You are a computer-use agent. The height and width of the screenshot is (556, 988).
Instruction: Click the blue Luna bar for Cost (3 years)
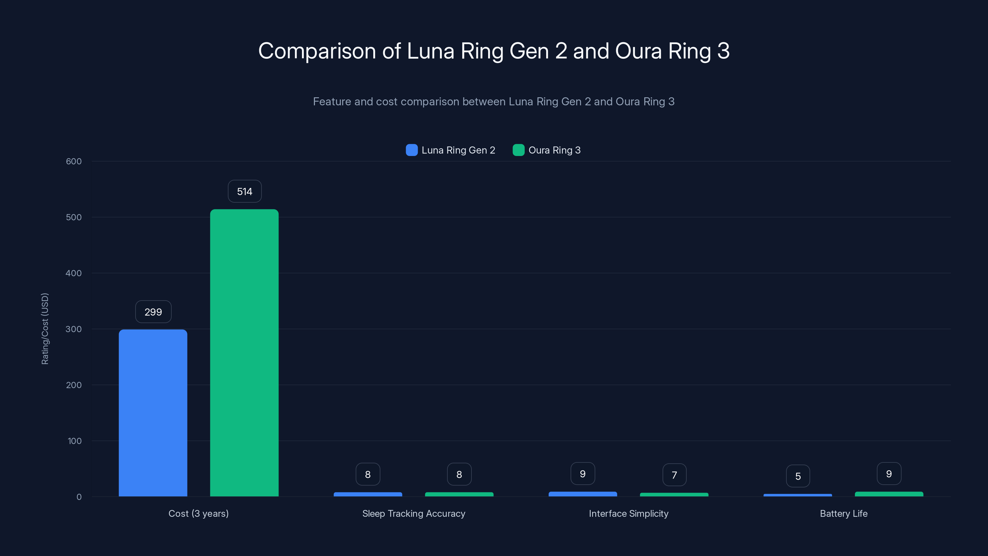pos(153,412)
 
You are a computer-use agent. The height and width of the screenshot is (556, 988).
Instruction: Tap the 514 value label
pos(245,192)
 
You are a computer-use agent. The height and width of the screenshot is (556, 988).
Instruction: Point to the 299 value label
pos(153,312)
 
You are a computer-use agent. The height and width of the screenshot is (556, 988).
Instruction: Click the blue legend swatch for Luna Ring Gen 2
pos(412,150)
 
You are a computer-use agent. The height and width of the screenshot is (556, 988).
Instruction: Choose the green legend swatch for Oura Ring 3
pos(519,150)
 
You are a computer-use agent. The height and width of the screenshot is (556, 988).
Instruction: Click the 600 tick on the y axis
pos(74,162)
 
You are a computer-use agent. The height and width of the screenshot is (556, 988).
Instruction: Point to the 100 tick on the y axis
pos(74,441)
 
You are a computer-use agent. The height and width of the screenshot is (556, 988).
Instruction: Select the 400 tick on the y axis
pos(74,273)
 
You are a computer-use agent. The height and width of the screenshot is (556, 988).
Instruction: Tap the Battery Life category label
pos(844,513)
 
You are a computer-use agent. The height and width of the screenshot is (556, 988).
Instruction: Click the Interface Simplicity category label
pos(629,513)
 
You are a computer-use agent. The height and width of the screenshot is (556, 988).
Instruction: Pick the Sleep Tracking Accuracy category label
pos(413,513)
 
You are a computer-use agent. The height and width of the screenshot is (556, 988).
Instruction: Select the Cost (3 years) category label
pos(198,513)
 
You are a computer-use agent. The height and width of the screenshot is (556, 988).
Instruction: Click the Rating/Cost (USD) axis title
pos(45,328)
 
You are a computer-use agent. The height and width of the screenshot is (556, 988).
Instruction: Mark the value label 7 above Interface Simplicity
pos(674,475)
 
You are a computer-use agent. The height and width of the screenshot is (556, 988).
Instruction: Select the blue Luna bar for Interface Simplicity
pos(583,494)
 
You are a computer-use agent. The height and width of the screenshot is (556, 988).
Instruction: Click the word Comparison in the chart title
pos(317,51)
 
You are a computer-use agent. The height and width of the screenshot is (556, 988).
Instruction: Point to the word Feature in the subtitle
pos(332,102)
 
